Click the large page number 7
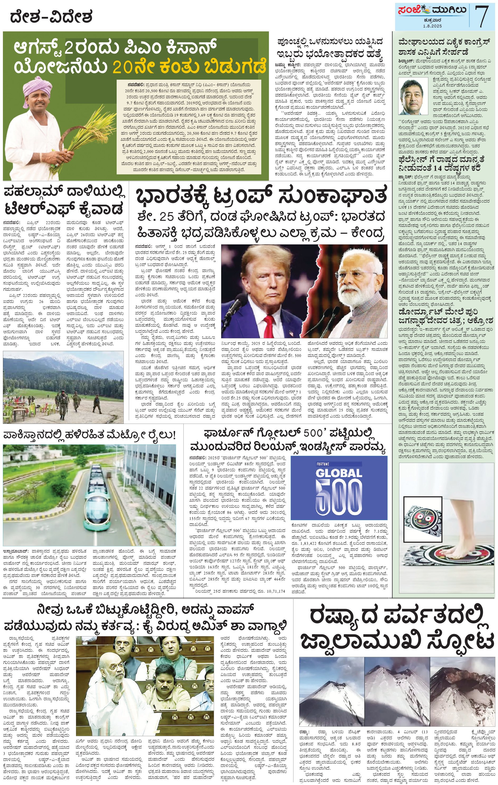482,15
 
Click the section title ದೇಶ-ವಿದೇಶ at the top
51,17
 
